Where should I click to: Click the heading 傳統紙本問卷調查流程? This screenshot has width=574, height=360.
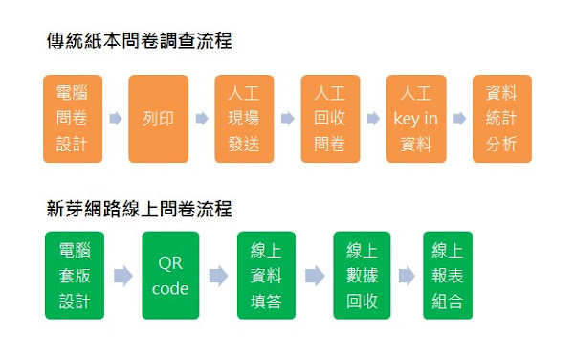[139, 41]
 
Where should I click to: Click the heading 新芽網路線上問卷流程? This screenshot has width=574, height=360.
[139, 208]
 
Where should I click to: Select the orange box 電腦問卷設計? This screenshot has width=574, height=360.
[72, 119]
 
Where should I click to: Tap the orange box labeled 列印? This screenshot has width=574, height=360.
[157, 119]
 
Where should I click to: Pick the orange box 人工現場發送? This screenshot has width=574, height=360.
[244, 119]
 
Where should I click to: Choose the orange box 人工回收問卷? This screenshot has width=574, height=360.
[330, 119]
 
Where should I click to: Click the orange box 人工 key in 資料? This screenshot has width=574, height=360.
[416, 119]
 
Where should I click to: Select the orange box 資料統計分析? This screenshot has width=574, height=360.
[502, 119]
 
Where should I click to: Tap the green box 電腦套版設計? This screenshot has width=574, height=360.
[74, 276]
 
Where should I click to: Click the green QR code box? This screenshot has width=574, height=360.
[170, 276]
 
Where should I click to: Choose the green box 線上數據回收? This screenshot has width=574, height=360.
[362, 276]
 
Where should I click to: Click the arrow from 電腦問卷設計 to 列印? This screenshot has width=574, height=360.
[115, 120]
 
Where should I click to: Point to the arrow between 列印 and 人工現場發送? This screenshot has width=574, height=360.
[201, 120]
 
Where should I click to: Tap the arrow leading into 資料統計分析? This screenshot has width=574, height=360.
[459, 120]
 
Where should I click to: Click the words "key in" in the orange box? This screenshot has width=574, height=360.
[416, 120]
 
